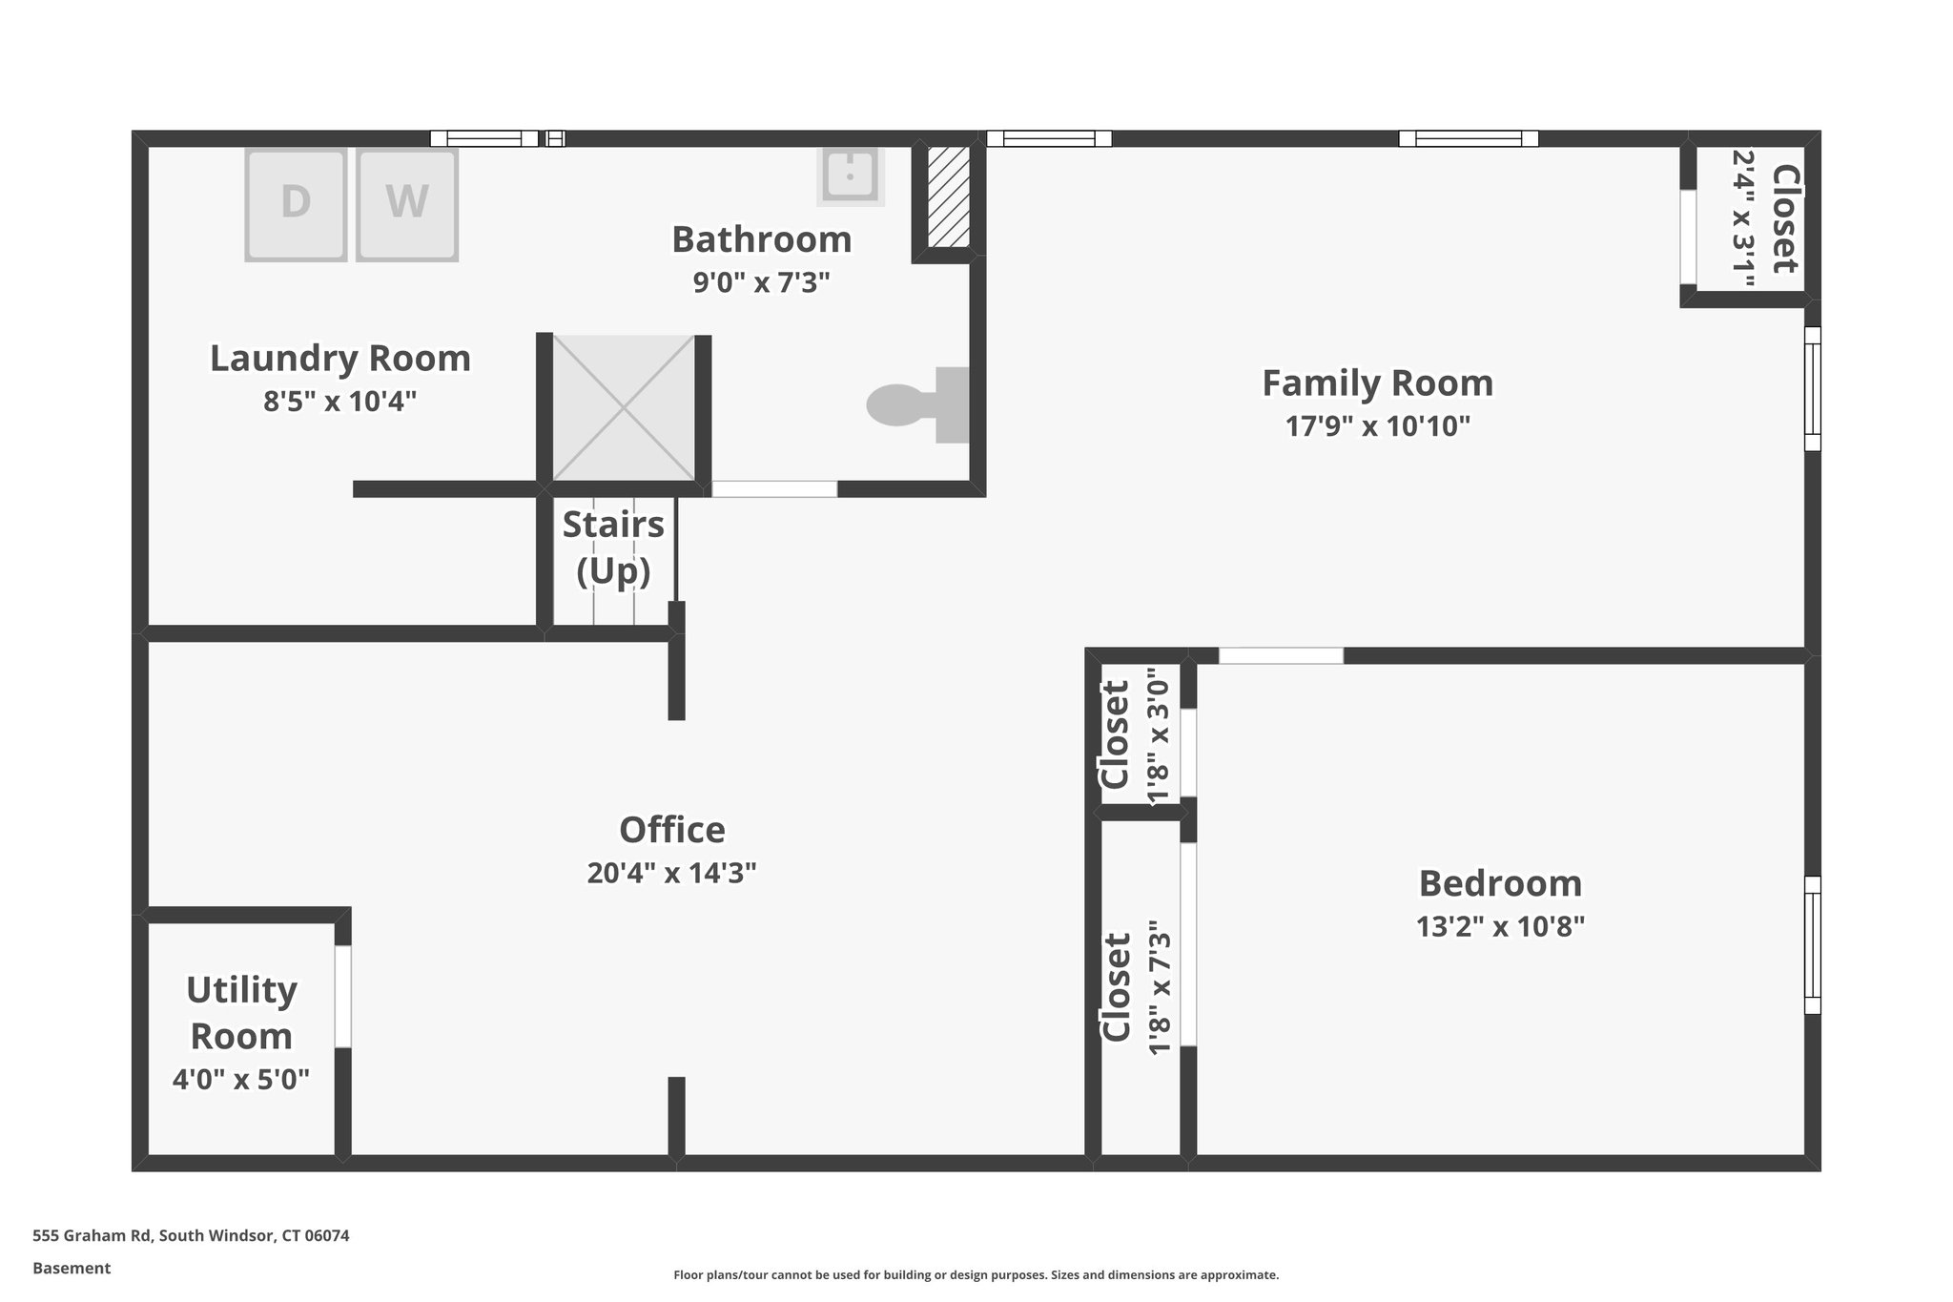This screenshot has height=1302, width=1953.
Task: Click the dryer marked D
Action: click(x=296, y=203)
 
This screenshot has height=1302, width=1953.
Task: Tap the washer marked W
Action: click(x=407, y=203)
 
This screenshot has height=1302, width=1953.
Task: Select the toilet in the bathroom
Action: click(x=915, y=405)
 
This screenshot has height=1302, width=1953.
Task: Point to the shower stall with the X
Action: click(x=624, y=407)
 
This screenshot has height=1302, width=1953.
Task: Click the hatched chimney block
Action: click(x=949, y=196)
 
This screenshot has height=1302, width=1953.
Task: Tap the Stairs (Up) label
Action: click(x=613, y=548)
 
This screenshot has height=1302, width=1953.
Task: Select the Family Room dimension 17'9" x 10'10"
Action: click(x=1377, y=426)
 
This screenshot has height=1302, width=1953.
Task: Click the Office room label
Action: click(x=672, y=830)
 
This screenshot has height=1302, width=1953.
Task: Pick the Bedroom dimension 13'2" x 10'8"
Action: click(x=1500, y=927)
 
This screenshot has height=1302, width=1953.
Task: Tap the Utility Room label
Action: click(x=241, y=1013)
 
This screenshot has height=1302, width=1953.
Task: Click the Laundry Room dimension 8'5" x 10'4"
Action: click(x=340, y=402)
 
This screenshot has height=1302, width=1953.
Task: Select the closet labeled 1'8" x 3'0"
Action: click(x=1135, y=735)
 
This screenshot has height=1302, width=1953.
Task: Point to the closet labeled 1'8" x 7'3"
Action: click(x=1135, y=987)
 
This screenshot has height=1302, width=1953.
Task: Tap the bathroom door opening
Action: click(x=774, y=489)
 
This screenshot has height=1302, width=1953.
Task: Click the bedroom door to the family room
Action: click(x=1281, y=656)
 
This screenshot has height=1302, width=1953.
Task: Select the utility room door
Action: click(x=343, y=997)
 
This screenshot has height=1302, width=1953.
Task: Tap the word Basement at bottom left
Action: click(x=72, y=1268)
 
